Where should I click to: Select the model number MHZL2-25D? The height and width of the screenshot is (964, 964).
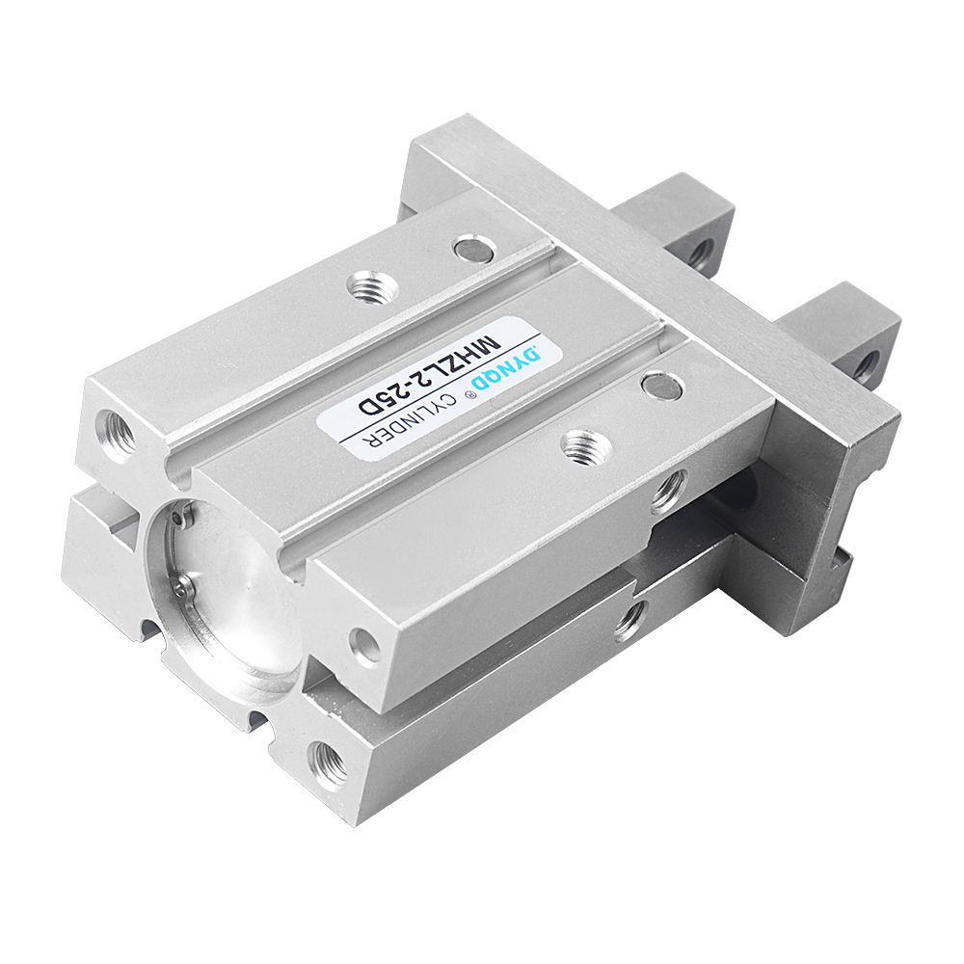point(430,373)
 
